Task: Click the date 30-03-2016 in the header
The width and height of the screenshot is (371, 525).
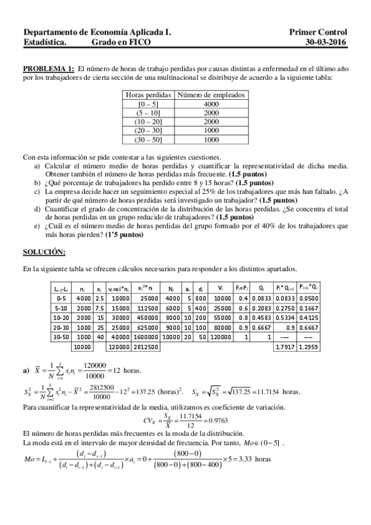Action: point(326,42)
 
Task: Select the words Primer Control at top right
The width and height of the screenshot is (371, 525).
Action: point(318,32)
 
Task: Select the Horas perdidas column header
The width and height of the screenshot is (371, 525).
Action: point(149,95)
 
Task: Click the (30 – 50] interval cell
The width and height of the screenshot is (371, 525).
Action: point(149,140)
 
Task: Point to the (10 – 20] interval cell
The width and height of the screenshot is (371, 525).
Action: point(149,122)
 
